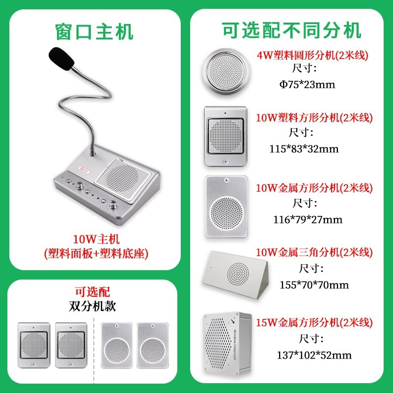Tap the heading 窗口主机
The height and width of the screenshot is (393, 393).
pyautogui.click(x=94, y=32)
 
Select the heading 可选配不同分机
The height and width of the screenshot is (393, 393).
pyautogui.click(x=291, y=30)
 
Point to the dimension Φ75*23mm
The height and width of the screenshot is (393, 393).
pyautogui.click(x=308, y=84)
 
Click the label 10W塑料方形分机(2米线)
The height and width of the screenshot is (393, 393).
pyautogui.click(x=314, y=117)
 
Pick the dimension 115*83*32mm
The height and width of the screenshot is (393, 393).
pyautogui.click(x=304, y=149)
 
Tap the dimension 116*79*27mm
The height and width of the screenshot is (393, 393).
pyautogui.click(x=308, y=220)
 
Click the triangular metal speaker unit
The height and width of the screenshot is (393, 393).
pyautogui.click(x=235, y=275)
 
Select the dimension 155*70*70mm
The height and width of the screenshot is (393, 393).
pyautogui.click(x=314, y=285)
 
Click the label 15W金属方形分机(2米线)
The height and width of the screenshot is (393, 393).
pyautogui.click(x=314, y=322)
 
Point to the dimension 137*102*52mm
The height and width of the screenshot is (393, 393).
pyautogui.click(x=314, y=355)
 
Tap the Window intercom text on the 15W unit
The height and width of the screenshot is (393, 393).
pyautogui.click(x=235, y=345)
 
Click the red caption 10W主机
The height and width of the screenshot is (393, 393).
pyautogui.click(x=96, y=239)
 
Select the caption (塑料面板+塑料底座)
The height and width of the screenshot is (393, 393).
pyautogui.click(x=96, y=253)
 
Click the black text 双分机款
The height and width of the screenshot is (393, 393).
pyautogui.click(x=92, y=306)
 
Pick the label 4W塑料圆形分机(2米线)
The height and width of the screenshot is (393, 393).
pyautogui.click(x=312, y=55)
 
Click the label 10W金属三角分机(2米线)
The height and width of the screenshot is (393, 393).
pyautogui.click(x=314, y=252)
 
